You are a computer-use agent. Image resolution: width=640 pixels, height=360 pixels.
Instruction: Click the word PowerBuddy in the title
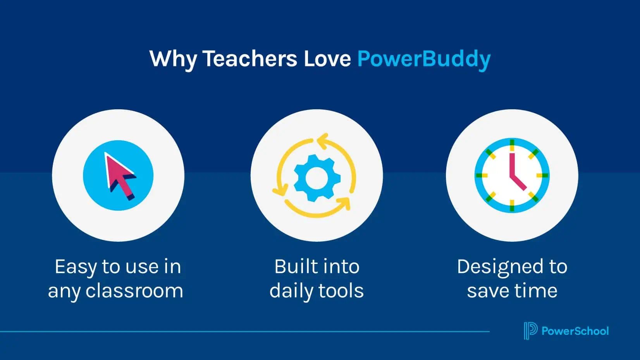coord(424,60)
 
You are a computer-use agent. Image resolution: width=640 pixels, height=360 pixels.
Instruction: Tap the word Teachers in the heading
coord(250,59)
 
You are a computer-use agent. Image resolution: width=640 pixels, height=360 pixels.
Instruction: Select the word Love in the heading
coord(327,59)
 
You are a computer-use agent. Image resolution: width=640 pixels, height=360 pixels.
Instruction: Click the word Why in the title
coord(173,60)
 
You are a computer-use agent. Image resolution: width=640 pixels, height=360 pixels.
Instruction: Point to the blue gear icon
coord(317,178)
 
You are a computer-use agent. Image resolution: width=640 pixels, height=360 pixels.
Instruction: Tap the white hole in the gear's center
coord(317,178)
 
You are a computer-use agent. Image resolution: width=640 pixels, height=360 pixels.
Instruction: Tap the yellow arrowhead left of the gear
coord(280,190)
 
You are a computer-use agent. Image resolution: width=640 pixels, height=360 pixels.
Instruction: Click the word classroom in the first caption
coord(134,291)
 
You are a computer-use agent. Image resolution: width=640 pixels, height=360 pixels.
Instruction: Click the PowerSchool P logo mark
coord(531,331)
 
